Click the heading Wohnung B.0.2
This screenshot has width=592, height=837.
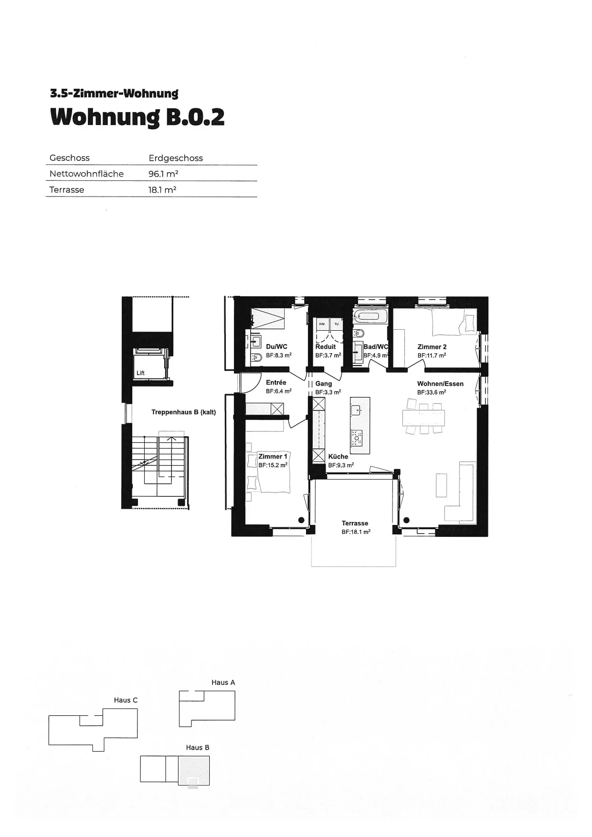[x=137, y=117]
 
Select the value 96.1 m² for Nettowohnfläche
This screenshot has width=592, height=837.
[x=163, y=174]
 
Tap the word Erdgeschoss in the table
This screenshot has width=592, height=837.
[x=176, y=158]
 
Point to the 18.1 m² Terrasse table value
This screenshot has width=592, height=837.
[x=162, y=189]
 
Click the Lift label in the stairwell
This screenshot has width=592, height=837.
[x=140, y=373]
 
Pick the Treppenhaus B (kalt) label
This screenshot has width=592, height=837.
[x=184, y=412]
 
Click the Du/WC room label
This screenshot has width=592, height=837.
[x=277, y=347]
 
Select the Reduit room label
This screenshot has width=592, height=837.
[x=326, y=347]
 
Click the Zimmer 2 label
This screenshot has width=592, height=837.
[x=432, y=347]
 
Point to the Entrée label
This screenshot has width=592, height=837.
[x=276, y=382]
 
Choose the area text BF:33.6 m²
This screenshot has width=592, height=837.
[x=432, y=392]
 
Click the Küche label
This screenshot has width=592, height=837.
[x=338, y=457]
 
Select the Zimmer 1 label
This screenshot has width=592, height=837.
[x=273, y=457]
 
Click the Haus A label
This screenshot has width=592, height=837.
[x=223, y=682]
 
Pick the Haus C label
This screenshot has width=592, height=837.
[x=126, y=700]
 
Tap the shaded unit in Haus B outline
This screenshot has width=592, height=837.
[x=194, y=770]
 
